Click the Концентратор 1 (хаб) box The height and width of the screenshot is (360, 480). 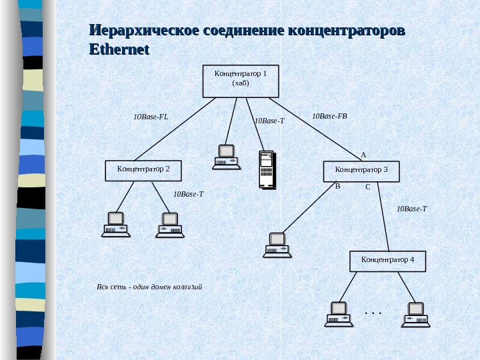coord(240,81)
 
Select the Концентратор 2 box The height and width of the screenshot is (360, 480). coord(143,170)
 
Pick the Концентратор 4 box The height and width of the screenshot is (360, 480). coord(387,261)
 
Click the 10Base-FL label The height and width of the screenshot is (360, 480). coord(151,117)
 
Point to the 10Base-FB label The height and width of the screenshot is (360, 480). coord(329,117)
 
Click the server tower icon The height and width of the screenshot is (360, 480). coord(267,170)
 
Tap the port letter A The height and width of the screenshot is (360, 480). coord(363,155)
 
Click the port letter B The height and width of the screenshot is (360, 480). coord(337,187)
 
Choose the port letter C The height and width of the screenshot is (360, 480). coord(367,188)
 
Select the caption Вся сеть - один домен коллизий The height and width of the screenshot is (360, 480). coord(149,287)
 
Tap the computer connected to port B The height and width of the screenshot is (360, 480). coord(277,245)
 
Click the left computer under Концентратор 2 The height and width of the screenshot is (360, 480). coord(116,225)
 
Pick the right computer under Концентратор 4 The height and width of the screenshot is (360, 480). coord(415,315)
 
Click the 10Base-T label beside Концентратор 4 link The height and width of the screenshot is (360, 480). coord(411,209)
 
